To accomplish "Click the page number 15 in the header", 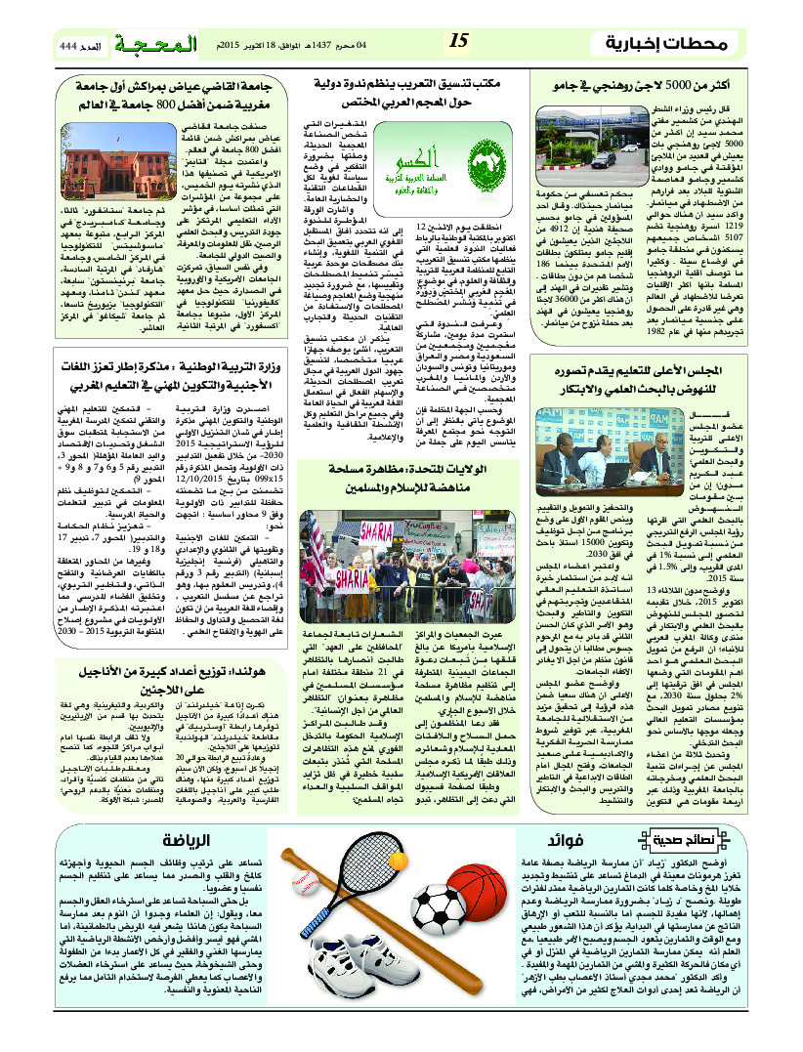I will pyautogui.click(x=460, y=40).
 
